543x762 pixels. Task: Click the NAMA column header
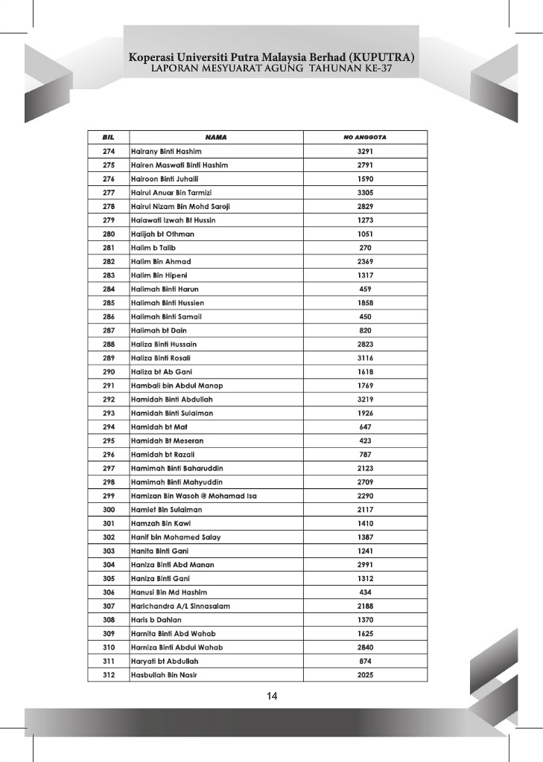click(x=216, y=138)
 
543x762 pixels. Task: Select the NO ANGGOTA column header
click(x=365, y=138)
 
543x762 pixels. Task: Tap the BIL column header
click(x=108, y=138)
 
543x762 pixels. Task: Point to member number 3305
click(x=365, y=192)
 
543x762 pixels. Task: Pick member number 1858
click(x=365, y=303)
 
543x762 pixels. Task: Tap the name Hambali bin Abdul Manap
click(x=177, y=385)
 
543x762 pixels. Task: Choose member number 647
click(x=365, y=427)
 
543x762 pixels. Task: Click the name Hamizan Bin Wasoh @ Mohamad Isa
click(x=194, y=496)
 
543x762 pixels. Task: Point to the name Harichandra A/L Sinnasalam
click(x=180, y=606)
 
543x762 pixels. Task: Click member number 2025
click(x=365, y=675)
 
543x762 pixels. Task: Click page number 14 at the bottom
click(x=272, y=697)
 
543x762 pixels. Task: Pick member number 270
click(x=365, y=247)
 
